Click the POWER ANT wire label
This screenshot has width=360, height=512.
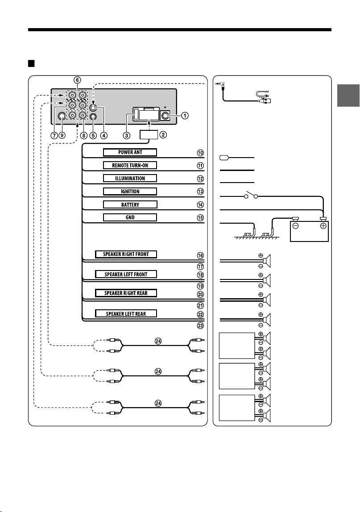(130, 152)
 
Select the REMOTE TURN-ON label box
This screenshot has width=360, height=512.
(130, 165)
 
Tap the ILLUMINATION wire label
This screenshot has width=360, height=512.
(130, 178)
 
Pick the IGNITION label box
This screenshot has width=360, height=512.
(130, 191)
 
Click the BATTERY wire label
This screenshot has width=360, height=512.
(130, 205)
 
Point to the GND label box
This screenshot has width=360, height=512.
(130, 217)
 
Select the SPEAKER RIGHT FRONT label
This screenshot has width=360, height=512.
(126, 254)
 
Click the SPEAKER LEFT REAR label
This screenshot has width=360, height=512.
(126, 314)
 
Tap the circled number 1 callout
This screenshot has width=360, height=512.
(185, 115)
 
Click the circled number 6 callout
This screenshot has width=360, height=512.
(77, 80)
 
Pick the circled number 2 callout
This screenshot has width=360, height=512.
(163, 134)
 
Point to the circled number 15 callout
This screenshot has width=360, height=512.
(200, 218)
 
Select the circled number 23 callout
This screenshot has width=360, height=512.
(200, 325)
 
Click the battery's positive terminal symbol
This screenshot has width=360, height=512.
(323, 226)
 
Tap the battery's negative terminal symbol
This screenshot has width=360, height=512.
(295, 226)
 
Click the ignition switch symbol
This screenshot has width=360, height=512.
(251, 195)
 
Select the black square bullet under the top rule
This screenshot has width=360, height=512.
(31, 63)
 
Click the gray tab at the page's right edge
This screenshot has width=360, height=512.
(348, 96)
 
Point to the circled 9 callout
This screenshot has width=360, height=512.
(62, 136)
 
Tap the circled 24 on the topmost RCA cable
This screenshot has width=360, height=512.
(158, 341)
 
